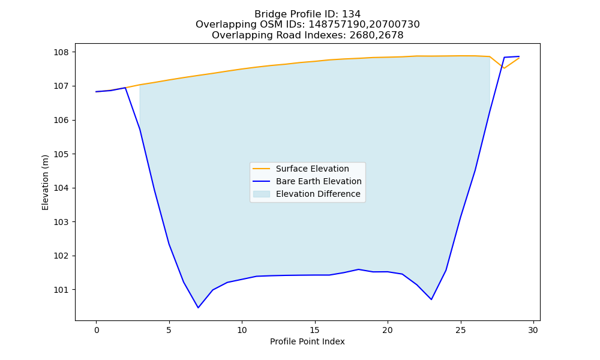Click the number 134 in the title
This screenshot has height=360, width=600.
click(351, 14)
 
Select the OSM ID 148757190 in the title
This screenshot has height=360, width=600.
click(338, 25)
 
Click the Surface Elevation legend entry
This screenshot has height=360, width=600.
click(301, 169)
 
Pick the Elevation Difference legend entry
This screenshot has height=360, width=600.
click(307, 194)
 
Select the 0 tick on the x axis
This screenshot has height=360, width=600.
click(96, 330)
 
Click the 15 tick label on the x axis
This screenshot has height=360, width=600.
click(314, 330)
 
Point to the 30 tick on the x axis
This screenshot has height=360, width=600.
click(533, 330)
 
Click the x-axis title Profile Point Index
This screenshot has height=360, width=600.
click(307, 341)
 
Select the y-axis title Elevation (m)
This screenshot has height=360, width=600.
click(45, 182)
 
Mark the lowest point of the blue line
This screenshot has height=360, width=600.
click(198, 308)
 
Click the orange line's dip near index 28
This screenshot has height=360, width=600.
click(505, 68)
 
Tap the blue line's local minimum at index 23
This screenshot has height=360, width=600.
click(431, 299)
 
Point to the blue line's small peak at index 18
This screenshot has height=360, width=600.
click(359, 269)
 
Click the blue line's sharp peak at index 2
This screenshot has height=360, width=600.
click(125, 88)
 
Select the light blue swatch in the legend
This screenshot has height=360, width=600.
click(262, 194)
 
